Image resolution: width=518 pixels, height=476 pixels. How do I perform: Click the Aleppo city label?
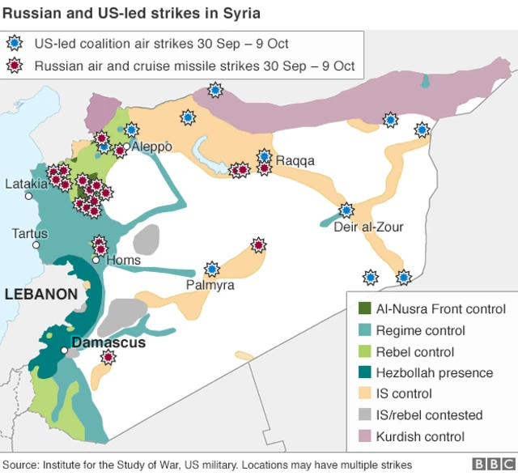click(151, 147)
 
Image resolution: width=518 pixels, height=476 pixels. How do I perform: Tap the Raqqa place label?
click(295, 160)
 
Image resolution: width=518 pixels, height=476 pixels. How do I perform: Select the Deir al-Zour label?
click(368, 227)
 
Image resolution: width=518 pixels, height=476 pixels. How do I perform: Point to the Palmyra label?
click(210, 286)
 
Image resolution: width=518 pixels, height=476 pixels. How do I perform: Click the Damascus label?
click(108, 342)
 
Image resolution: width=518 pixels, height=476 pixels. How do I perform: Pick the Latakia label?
click(26, 183)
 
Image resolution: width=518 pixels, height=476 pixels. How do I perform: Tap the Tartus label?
click(29, 233)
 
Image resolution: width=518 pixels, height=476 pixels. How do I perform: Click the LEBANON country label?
click(41, 294)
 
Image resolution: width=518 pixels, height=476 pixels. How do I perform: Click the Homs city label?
click(124, 260)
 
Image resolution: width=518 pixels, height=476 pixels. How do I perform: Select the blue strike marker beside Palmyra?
click(212, 269)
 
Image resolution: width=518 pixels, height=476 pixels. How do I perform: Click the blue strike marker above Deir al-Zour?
click(346, 210)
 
